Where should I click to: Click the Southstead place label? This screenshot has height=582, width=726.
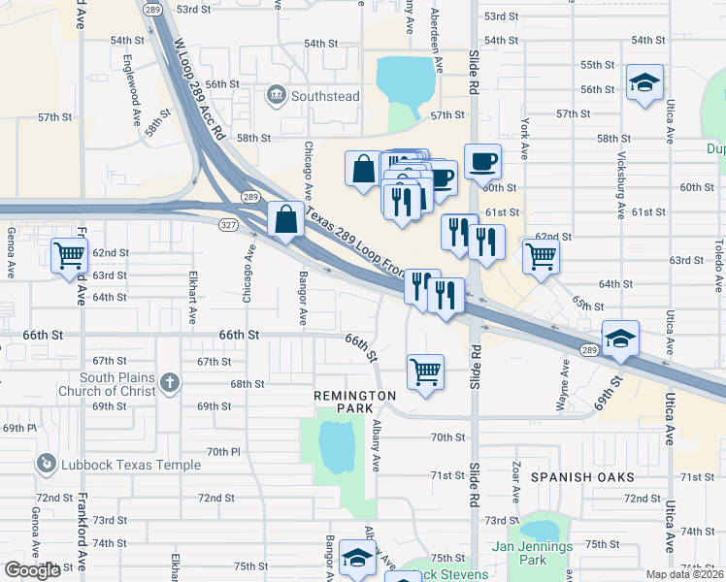pyautogui.click(x=326, y=96)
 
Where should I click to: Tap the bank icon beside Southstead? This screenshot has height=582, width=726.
pyautogui.click(x=277, y=95)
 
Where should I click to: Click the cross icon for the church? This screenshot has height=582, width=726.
pyautogui.click(x=170, y=382)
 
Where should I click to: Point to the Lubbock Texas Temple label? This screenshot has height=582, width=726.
pyautogui.click(x=131, y=465)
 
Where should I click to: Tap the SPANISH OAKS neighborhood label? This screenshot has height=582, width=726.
pyautogui.click(x=582, y=477)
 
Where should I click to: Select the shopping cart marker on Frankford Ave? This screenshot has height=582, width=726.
pyautogui.click(x=70, y=257)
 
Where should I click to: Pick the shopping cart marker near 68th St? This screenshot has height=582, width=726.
pyautogui.click(x=425, y=371)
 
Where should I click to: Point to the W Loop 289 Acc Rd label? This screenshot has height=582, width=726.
pyautogui.click(x=200, y=88)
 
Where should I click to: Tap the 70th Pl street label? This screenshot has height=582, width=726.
pyautogui.click(x=222, y=451)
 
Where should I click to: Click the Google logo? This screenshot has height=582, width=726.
pyautogui.click(x=32, y=570)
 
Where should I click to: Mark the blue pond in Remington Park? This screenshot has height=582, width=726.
pyautogui.click(x=336, y=445)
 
